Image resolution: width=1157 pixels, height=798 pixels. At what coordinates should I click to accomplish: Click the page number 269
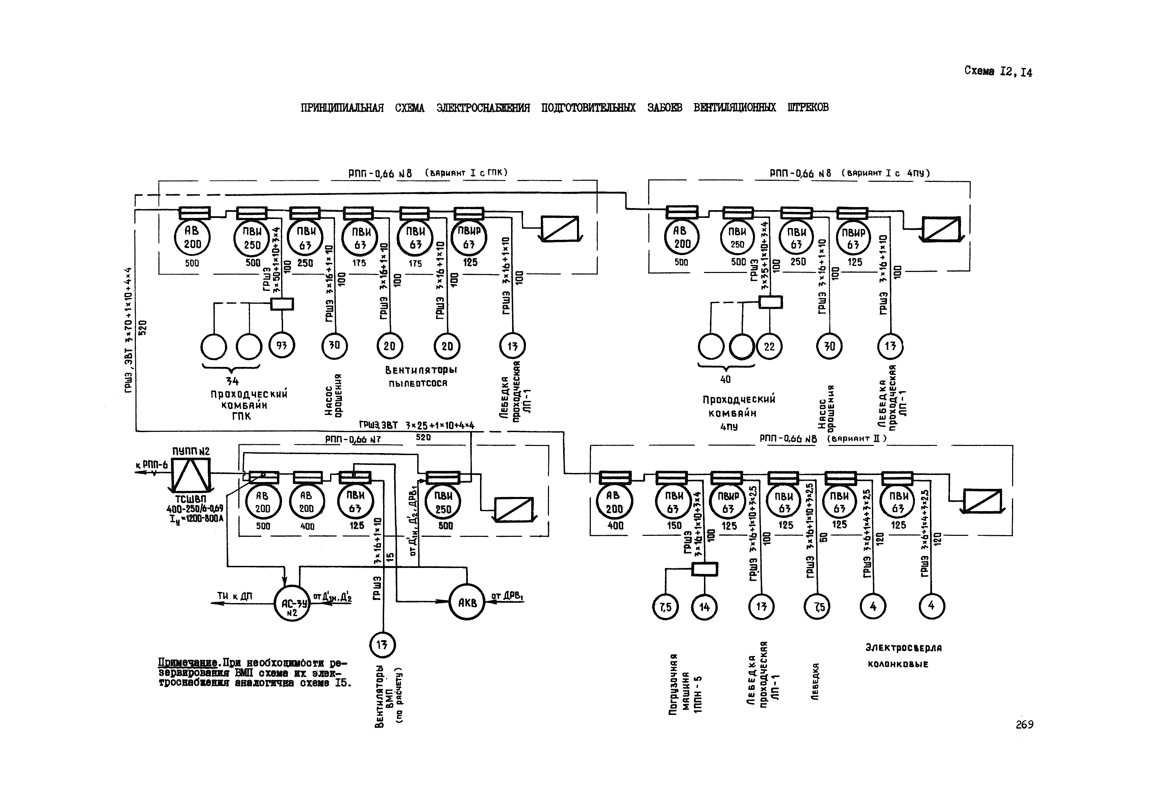(x=1024, y=724)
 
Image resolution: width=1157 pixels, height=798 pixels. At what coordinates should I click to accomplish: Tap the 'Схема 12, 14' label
(x=998, y=72)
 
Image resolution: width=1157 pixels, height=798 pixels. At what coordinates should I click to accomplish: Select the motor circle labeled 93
(x=281, y=346)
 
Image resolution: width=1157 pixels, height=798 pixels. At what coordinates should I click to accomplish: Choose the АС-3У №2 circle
(x=292, y=603)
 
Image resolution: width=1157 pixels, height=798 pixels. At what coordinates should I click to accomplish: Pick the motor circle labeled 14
(x=704, y=607)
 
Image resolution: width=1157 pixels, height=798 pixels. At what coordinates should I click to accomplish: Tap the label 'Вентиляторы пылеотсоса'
(x=421, y=376)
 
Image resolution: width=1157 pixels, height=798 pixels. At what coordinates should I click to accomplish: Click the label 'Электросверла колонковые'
(x=903, y=655)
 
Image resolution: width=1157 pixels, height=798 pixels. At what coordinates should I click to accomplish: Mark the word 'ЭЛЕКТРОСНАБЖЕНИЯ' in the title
(x=482, y=107)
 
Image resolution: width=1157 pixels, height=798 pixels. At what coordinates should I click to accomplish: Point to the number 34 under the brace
(x=232, y=381)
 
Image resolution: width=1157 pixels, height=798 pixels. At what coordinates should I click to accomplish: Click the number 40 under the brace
(x=725, y=379)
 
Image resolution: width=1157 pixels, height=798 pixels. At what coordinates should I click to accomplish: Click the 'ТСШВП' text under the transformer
(x=191, y=499)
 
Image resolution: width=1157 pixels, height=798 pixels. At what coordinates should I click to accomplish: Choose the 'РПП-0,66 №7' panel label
(x=353, y=439)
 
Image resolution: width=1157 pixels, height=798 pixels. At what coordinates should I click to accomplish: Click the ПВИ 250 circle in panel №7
(x=443, y=502)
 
